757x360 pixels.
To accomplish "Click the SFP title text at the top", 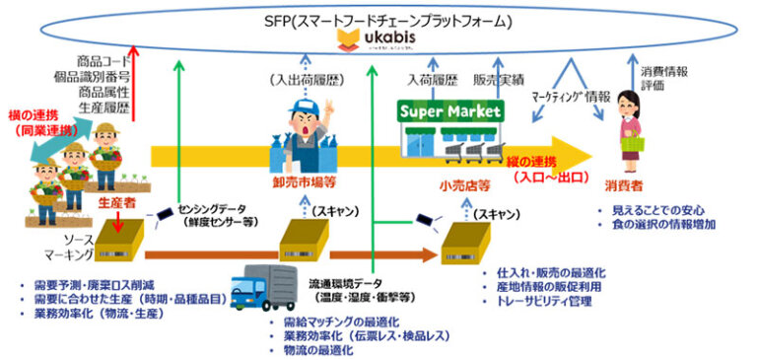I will tap(379, 18).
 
